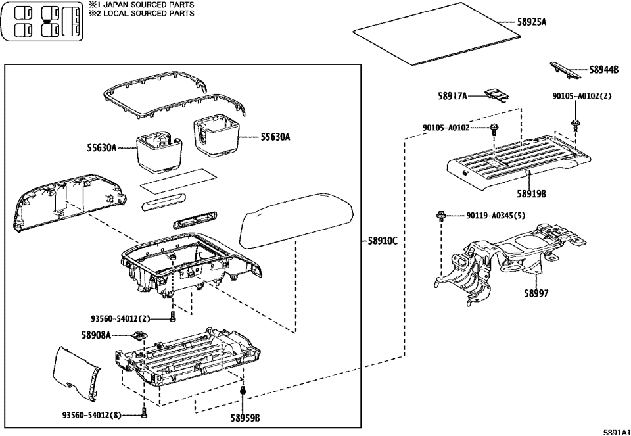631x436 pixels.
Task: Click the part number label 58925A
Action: [531, 22]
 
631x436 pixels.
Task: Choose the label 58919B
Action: [531, 194]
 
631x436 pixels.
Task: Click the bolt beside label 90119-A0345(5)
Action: [440, 215]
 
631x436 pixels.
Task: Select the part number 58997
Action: [536, 293]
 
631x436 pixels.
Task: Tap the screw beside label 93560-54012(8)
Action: [145, 414]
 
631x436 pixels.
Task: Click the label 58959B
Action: [245, 418]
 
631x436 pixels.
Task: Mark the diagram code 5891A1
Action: [616, 432]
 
